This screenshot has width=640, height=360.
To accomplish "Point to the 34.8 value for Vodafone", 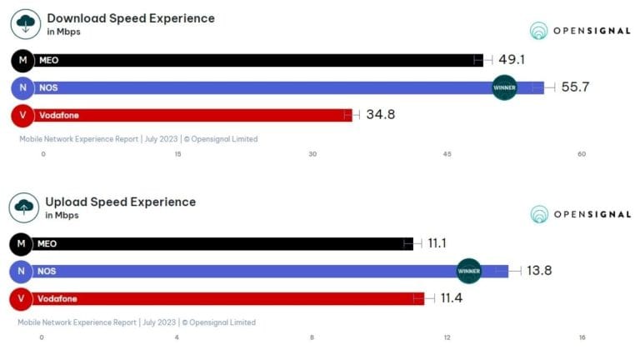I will coord(380,115).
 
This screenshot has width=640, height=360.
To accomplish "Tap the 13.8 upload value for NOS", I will coord(539,271).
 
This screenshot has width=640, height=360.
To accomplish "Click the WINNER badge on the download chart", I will coord(505,87).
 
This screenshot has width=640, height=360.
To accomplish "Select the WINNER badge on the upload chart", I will coord(469,271).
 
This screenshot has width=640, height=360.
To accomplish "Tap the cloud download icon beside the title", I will coord(27,24).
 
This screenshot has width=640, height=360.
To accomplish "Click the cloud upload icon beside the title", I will coord(25,207).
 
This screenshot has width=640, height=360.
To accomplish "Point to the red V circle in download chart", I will coord(22,115).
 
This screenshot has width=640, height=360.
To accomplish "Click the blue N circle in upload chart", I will coord(20,271).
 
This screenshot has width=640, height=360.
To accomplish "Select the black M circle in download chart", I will coord(22,60).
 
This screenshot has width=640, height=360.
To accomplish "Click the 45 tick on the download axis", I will coord(447,153).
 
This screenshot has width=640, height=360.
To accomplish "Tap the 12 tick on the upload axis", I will coord(447,337).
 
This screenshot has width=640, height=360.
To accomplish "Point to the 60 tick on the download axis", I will coord(582,153).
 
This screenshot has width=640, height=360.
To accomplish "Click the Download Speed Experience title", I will coord(130,18).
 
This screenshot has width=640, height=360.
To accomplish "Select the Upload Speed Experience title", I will coord(120,202).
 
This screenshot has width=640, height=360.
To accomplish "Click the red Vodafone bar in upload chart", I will coord(225,298).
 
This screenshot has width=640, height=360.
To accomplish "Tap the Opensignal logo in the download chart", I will coord(581,31).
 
